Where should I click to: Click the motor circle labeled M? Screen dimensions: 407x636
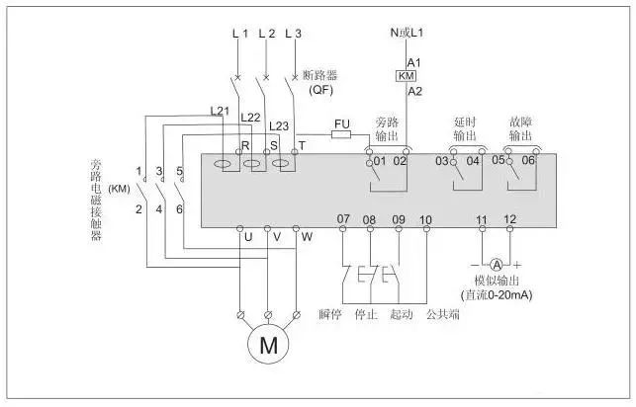pyautogui.click(x=268, y=347)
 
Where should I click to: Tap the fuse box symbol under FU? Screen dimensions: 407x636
pyautogui.click(x=342, y=136)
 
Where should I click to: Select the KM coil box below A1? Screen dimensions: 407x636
pyautogui.click(x=406, y=76)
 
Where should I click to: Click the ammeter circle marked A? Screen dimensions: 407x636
pyautogui.click(x=498, y=264)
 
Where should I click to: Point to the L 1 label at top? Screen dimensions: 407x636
pyautogui.click(x=240, y=34)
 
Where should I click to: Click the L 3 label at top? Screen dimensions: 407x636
pyautogui.click(x=293, y=34)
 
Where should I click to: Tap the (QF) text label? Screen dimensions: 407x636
pyautogui.click(x=319, y=90)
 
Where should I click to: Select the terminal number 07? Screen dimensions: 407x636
pyautogui.click(x=343, y=218)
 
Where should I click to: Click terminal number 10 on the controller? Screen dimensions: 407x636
pyautogui.click(x=426, y=218)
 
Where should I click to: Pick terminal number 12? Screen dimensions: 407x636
pyautogui.click(x=510, y=218)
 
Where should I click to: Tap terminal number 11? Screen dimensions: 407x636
pyautogui.click(x=483, y=218)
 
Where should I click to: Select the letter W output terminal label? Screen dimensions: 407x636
pyautogui.click(x=307, y=237)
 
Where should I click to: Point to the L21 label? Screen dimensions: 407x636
pyautogui.click(x=220, y=110)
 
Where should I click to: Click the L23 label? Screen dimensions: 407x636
pyautogui.click(x=279, y=126)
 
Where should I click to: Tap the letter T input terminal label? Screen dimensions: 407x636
pyautogui.click(x=302, y=144)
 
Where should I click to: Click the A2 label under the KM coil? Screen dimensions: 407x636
pyautogui.click(x=414, y=91)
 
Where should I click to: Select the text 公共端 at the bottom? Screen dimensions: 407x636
pyautogui.click(x=441, y=315)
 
